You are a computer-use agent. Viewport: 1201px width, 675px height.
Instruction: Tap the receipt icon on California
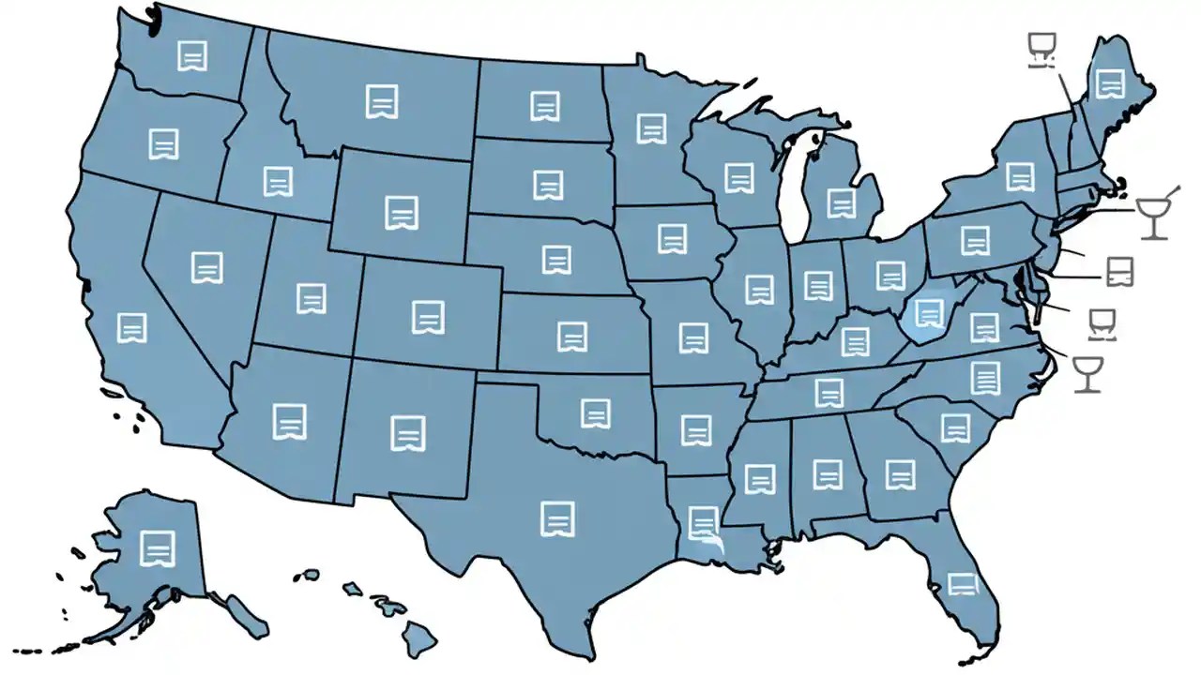(x=132, y=327)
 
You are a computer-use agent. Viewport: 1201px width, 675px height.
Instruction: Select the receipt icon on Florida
(x=962, y=583)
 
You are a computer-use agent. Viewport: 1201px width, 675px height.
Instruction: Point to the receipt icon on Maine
(x=1111, y=83)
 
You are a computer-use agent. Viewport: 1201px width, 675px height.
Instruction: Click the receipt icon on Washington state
(x=192, y=56)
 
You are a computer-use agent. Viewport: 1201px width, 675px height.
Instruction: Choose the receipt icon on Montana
(x=382, y=101)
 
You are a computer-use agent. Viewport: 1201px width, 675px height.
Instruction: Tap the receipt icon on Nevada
(x=206, y=267)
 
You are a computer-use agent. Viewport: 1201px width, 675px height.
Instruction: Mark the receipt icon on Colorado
(x=427, y=317)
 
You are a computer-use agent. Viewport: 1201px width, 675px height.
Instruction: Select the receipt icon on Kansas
(x=571, y=336)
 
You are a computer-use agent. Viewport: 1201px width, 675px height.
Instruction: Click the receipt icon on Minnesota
(x=651, y=128)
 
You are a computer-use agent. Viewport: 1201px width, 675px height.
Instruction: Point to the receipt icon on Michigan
(x=842, y=202)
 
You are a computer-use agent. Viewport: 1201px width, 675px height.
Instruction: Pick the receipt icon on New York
(x=1020, y=176)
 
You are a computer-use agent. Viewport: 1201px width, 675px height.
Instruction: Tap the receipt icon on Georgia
(x=900, y=474)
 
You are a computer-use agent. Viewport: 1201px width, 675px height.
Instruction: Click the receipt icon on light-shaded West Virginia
(x=929, y=312)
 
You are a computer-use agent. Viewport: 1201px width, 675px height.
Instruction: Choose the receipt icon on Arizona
(x=290, y=422)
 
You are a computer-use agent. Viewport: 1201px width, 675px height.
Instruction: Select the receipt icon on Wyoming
(x=402, y=213)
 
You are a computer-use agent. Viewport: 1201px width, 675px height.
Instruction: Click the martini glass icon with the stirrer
(x=1154, y=216)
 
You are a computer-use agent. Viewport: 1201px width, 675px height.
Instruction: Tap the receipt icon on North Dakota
(x=544, y=106)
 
